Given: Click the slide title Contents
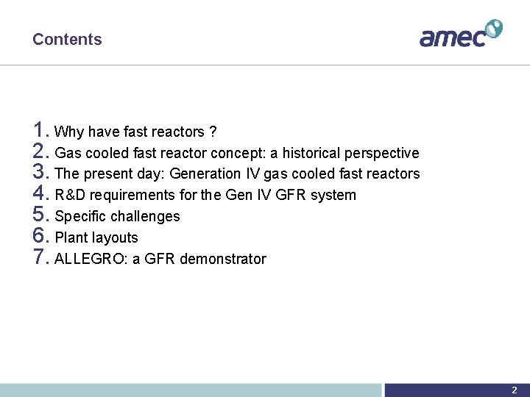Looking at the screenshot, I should point(67,40).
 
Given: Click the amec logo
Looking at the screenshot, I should point(460,34).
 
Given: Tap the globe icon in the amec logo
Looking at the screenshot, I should point(493,28).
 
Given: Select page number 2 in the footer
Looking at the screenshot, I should point(515,390).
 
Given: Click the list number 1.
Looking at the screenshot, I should point(41,131).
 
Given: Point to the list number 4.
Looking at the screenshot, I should point(41,194).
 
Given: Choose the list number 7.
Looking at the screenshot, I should point(41,258).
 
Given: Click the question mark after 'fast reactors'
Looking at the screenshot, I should point(213,132).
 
